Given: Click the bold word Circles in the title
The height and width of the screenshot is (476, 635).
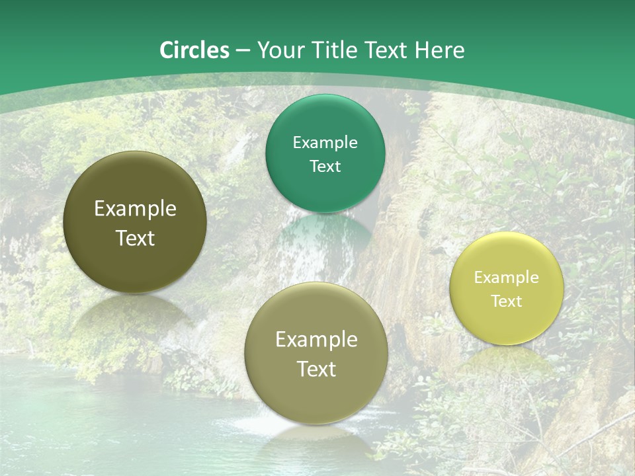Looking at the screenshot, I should coord(194,50).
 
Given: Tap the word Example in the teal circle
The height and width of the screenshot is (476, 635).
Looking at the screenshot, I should coord(325,142).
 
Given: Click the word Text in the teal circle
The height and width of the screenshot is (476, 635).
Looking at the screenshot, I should coord(325,166).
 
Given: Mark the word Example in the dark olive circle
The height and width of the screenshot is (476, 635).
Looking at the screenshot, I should coord(135,209).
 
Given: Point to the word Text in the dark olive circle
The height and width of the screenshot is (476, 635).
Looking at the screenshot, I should coord(135,238).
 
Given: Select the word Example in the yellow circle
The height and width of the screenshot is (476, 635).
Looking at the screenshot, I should coord(507,277).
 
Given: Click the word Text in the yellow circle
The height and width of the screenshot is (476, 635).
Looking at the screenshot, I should coord(507,301).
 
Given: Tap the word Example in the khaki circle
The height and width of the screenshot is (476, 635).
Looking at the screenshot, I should coord(316,339).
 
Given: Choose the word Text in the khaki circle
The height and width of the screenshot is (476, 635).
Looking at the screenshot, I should coord(316,369).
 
